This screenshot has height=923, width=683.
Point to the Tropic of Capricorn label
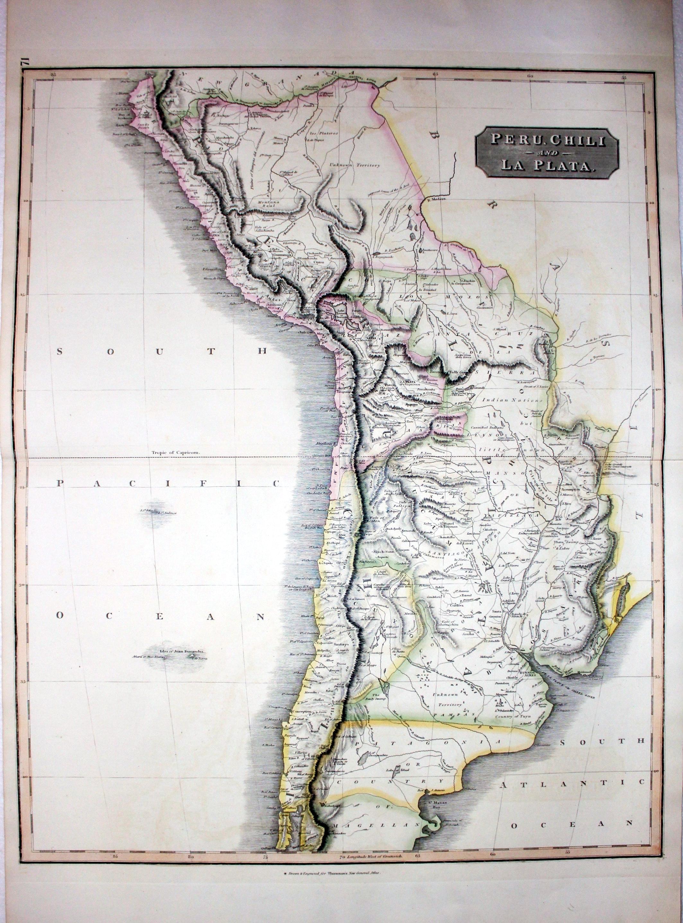(175, 453)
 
